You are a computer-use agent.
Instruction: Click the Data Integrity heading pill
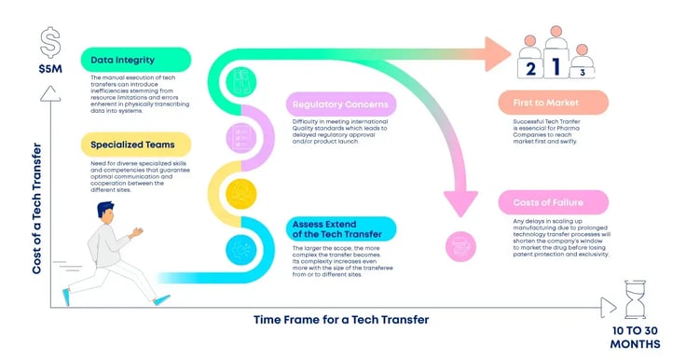tap(136, 61)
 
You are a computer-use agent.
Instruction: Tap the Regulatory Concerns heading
tap(339, 104)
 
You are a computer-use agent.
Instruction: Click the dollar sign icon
tap(49, 41)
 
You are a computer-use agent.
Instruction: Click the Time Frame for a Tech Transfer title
tap(341, 320)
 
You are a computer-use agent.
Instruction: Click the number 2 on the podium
tap(529, 68)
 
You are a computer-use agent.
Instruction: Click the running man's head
tap(105, 215)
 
